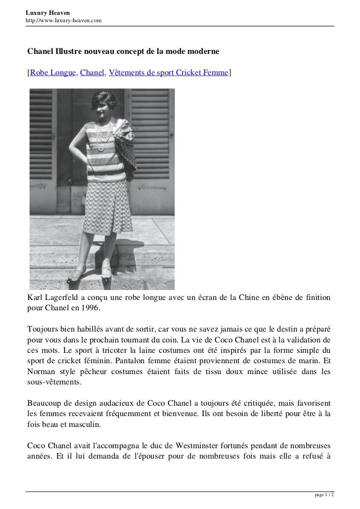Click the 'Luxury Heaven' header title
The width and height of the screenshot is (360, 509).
click(48, 12)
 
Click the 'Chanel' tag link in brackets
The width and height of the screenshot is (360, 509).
click(92, 73)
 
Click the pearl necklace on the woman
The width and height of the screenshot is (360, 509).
click(104, 136)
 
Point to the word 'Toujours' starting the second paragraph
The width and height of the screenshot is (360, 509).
click(42, 329)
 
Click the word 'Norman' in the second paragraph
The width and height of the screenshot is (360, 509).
click(42, 373)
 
